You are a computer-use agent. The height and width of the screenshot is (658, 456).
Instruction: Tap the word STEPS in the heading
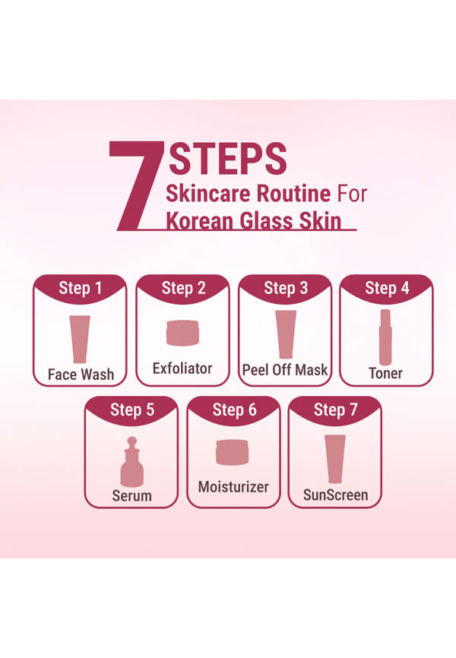(228, 159)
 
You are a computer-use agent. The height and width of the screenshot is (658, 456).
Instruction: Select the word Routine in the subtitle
(293, 194)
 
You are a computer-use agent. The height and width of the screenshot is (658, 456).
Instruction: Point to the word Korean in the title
(199, 221)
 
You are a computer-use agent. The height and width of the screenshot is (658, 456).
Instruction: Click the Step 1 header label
(81, 288)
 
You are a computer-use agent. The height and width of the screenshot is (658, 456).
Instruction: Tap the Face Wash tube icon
(80, 339)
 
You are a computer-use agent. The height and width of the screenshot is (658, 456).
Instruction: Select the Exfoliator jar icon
(182, 333)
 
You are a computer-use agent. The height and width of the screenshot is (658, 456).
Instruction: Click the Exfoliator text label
(182, 369)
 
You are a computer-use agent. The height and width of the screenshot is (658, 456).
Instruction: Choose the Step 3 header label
(286, 288)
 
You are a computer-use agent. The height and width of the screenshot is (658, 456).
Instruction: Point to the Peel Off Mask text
(285, 370)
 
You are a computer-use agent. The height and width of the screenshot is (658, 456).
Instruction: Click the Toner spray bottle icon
(385, 337)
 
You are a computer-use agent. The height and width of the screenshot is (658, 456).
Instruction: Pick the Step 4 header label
(387, 288)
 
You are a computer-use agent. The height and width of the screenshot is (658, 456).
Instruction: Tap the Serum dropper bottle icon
(131, 462)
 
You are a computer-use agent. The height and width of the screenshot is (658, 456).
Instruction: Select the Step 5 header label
(131, 410)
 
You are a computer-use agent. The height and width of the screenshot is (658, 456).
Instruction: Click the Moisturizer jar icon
(233, 452)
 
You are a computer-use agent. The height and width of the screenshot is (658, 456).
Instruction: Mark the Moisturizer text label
(233, 487)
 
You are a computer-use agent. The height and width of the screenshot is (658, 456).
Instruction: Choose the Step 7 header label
(335, 410)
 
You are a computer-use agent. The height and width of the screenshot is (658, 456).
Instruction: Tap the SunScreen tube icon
(335, 459)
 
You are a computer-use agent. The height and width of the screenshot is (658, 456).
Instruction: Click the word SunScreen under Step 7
(335, 495)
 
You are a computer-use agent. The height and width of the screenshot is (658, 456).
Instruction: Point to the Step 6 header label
(234, 410)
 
